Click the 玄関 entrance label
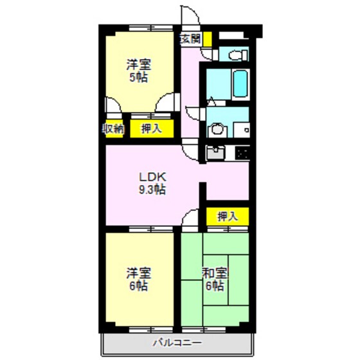190,38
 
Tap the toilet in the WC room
235,54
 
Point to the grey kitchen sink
215,154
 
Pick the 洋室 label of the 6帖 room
136,273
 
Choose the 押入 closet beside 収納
151,129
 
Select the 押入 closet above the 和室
227,217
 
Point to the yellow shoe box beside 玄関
208,38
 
